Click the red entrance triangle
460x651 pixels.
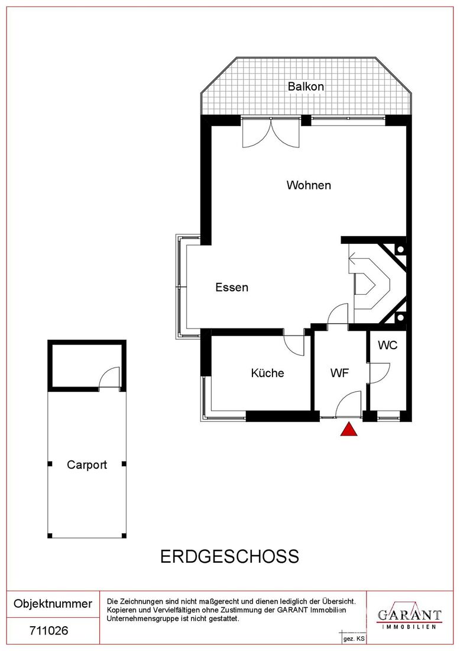coord(349,429)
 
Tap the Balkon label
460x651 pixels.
coord(306,86)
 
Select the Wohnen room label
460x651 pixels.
coord(309,185)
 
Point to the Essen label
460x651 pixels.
coord(231,287)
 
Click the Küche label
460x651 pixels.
coord(267,372)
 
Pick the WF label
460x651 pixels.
coord(339,373)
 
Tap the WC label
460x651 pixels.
coord(387,344)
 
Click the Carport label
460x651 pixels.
coord(87,465)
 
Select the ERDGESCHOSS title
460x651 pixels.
coord(229,556)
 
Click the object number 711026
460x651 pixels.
coord(49,631)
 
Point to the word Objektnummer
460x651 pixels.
coord(53,603)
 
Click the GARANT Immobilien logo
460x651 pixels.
coord(409,617)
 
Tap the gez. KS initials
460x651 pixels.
coord(354,639)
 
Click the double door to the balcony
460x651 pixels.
coord(271,133)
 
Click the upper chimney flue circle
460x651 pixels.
coord(401,250)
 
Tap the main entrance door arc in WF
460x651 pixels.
coord(348,402)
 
